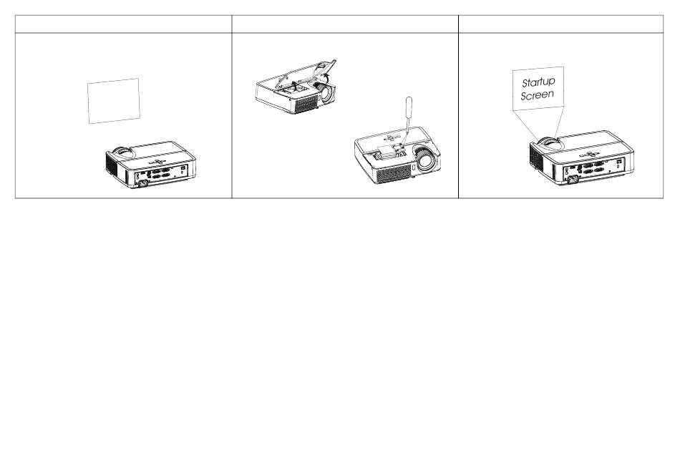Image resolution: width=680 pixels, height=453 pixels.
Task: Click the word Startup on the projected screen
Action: [538, 82]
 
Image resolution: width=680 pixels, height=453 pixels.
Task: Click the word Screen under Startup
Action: [538, 95]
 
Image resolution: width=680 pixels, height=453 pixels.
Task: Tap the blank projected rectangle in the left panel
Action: [114, 101]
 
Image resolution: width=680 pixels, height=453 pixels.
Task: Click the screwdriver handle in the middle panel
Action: [409, 108]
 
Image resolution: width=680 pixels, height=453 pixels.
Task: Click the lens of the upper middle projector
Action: [327, 92]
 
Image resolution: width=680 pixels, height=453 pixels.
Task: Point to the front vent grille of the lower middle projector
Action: [393, 173]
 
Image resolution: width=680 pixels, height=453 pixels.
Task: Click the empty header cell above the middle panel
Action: [345, 24]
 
